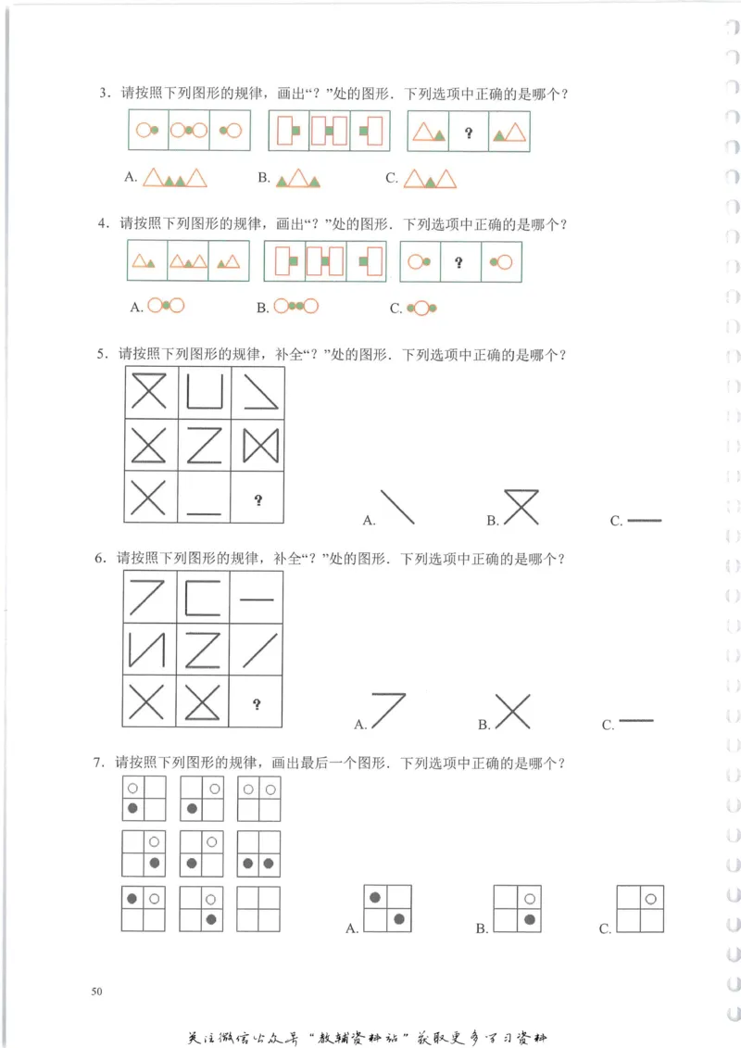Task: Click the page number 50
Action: point(97,991)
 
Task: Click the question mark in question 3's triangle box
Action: point(469,133)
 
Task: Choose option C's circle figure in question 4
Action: point(421,308)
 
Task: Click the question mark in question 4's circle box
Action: point(459,262)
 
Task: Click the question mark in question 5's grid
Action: point(257,500)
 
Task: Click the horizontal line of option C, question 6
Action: point(635,720)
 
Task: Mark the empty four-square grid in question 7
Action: point(258,909)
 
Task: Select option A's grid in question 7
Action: point(387,908)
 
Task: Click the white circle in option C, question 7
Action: point(651,898)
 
